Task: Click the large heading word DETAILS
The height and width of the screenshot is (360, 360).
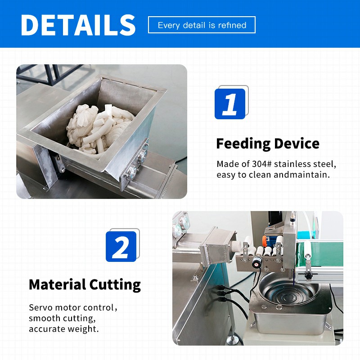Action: pyautogui.click(x=78, y=25)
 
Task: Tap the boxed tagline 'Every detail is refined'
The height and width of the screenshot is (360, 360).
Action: pyautogui.click(x=202, y=25)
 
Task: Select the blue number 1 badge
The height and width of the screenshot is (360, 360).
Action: pyautogui.click(x=230, y=104)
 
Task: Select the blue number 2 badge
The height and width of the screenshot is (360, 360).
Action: pyautogui.click(x=121, y=247)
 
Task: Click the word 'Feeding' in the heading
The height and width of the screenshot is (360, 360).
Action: pyautogui.click(x=243, y=144)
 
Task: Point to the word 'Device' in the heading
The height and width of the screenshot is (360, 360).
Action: pyautogui.click(x=297, y=144)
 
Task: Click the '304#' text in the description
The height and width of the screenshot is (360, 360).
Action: pyautogui.click(x=262, y=164)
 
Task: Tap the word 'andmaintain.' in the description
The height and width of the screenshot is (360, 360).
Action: pyautogui.click(x=301, y=175)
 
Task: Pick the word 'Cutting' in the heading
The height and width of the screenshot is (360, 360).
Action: pyautogui.click(x=115, y=285)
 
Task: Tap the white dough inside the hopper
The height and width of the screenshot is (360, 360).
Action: pyautogui.click(x=99, y=129)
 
